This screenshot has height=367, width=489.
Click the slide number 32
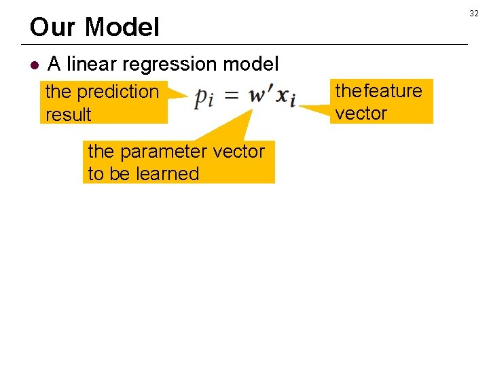pos(474,14)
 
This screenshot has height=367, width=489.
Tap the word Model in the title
pos(123,27)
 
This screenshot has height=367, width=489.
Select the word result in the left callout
pos(68,114)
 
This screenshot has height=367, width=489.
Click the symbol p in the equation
pos(202,99)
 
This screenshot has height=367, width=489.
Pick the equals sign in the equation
pos(232,97)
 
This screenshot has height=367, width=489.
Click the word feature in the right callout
pos(393,90)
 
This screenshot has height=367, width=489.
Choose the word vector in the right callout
pos(361,113)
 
